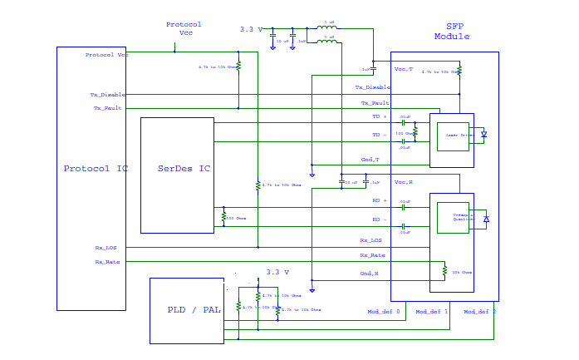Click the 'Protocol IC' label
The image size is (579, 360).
(96, 169)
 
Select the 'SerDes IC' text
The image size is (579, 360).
(184, 169)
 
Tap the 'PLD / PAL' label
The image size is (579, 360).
(194, 310)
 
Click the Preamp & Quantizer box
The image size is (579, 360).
(453, 217)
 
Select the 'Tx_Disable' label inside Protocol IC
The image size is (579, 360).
(108, 95)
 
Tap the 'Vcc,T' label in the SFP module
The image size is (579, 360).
(403, 69)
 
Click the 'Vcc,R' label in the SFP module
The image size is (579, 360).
(403, 181)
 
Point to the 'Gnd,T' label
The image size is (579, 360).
(370, 159)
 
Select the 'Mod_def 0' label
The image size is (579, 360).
(383, 312)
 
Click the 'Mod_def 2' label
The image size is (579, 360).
(479, 312)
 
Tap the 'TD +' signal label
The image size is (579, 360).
(379, 117)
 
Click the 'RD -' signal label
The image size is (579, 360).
(379, 219)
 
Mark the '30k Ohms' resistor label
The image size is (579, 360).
(462, 272)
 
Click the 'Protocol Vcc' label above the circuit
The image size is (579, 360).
(184, 28)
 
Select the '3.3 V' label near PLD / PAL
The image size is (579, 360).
(277, 272)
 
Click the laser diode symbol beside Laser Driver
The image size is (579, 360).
(484, 135)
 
